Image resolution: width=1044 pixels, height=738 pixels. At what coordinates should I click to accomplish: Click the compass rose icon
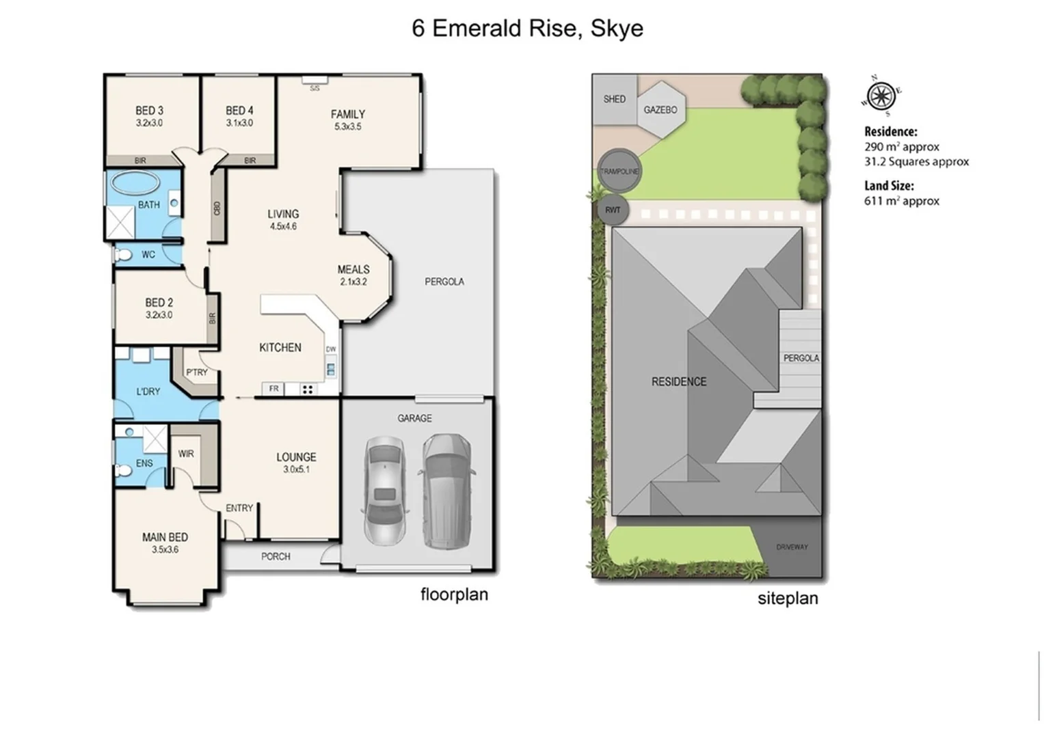(881, 95)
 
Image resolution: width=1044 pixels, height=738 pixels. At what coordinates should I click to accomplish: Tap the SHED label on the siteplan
(614, 99)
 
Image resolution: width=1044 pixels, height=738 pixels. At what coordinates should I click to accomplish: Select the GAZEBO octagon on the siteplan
(660, 109)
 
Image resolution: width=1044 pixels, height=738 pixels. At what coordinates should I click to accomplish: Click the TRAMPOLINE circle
(619, 171)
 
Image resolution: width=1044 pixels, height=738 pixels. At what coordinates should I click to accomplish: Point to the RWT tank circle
(613, 210)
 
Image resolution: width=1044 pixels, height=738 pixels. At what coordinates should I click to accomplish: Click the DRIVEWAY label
(792, 547)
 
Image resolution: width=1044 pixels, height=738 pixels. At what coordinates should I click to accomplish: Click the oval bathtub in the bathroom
(135, 183)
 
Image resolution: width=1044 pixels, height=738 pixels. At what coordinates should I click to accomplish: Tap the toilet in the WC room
(123, 255)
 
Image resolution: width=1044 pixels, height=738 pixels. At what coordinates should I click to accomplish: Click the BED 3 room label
(149, 110)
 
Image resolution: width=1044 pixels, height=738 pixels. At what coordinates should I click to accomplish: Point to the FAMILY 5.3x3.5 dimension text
(347, 126)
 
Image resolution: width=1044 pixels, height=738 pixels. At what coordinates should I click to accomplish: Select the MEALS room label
(353, 269)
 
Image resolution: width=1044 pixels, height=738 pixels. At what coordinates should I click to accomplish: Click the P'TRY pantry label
(197, 372)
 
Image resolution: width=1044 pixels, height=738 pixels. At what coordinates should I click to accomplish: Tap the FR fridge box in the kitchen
(273, 389)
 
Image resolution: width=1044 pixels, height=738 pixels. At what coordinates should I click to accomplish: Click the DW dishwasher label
(331, 349)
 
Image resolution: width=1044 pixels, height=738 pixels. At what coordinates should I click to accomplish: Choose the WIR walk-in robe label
(186, 454)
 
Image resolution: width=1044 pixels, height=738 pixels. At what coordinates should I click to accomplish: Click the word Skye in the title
(617, 28)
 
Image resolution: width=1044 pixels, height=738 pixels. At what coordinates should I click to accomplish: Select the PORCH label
(276, 556)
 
